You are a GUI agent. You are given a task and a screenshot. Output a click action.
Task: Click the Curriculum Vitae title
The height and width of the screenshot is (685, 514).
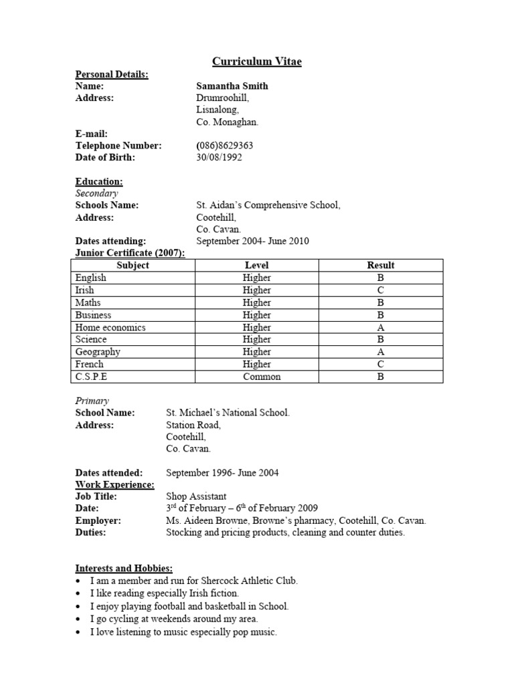pyautogui.click(x=257, y=62)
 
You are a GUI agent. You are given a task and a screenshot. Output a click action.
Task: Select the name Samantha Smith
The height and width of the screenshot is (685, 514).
pyautogui.click(x=232, y=86)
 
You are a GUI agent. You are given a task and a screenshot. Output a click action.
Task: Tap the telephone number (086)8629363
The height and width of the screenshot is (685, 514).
pyautogui.click(x=224, y=145)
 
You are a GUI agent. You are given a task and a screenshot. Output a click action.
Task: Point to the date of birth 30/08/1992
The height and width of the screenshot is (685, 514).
pyautogui.click(x=219, y=157)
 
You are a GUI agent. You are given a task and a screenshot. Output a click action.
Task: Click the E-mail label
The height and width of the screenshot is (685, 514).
pyautogui.click(x=91, y=133)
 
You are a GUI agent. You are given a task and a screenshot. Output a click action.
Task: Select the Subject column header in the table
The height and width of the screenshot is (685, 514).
pyautogui.click(x=133, y=265)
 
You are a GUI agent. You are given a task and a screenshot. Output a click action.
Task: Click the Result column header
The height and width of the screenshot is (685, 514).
pyautogui.click(x=381, y=265)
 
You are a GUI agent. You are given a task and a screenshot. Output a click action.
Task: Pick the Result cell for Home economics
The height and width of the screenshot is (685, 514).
pyautogui.click(x=381, y=327)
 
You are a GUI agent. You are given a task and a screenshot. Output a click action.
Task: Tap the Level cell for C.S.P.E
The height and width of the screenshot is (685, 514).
pyautogui.click(x=257, y=377)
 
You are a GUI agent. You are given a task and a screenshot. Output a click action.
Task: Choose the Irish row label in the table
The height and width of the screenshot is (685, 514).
pyautogui.click(x=85, y=290)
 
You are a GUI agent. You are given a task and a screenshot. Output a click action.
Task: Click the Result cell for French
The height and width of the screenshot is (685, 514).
pyautogui.click(x=381, y=365)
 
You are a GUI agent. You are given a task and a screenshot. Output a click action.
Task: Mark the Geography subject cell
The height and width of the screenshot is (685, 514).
pyautogui.click(x=98, y=352)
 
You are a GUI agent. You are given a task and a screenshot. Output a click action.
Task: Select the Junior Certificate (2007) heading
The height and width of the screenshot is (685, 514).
pyautogui.click(x=130, y=252)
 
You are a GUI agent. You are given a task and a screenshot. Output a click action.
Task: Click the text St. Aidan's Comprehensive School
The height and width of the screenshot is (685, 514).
pyautogui.click(x=268, y=205)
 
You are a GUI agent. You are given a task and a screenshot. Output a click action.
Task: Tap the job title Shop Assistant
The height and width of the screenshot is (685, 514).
pyautogui.click(x=196, y=496)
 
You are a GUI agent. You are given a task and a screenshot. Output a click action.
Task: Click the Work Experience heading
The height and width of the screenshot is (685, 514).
pyautogui.click(x=114, y=484)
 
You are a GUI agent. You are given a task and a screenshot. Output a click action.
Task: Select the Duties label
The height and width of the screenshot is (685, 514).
pyautogui.click(x=90, y=532)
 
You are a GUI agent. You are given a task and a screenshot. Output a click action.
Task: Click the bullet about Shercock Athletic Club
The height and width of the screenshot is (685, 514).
pyautogui.click(x=193, y=581)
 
